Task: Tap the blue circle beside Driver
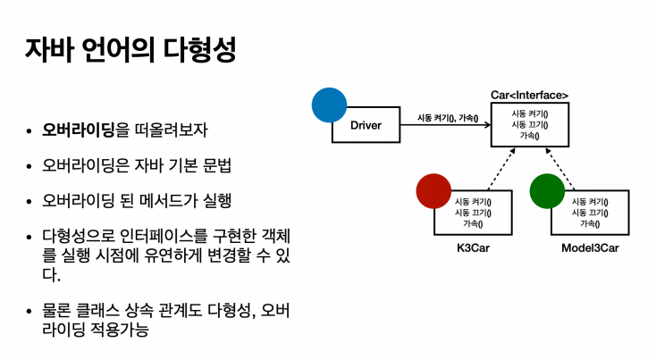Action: (x=329, y=105)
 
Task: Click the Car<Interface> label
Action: (x=529, y=95)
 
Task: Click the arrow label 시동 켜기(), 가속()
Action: (x=448, y=118)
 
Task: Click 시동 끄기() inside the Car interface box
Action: (x=530, y=124)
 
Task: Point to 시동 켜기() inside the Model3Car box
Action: (x=590, y=202)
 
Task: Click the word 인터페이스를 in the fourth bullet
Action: (x=165, y=236)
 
